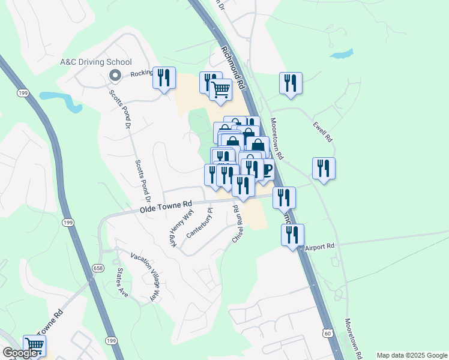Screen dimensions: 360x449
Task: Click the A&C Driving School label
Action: (95, 62)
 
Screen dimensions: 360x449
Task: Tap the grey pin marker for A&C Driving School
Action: (115, 75)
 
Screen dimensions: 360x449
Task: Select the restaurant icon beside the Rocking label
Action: (163, 78)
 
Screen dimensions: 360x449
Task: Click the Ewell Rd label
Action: (322, 132)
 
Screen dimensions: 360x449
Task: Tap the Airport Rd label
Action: (319, 246)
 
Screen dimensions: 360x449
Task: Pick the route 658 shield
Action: (97, 267)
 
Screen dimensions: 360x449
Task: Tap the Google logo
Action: (20, 353)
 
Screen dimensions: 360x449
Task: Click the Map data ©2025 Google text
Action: (412, 355)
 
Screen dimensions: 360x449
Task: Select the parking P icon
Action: (267, 170)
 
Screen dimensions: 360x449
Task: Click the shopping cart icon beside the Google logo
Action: (34, 345)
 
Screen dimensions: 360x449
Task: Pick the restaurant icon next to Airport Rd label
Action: (292, 235)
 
